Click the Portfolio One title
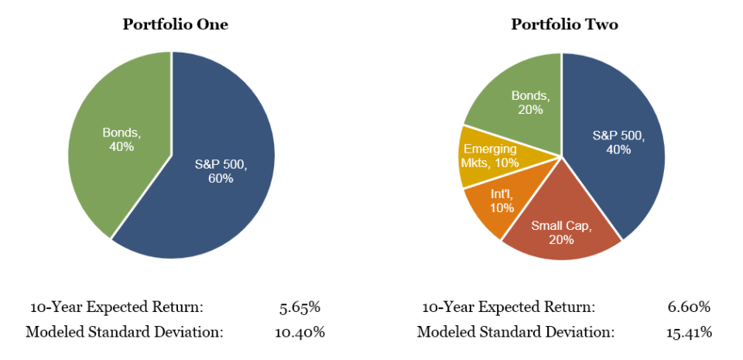pyautogui.click(x=175, y=24)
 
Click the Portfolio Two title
pyautogui.click(x=564, y=24)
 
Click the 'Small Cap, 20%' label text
pyautogui.click(x=562, y=232)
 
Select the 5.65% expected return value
pyautogui.click(x=300, y=307)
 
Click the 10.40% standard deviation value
pyautogui.click(x=300, y=332)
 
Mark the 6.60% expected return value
pyautogui.click(x=689, y=307)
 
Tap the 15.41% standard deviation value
pyautogui.click(x=689, y=332)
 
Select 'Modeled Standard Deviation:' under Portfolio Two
pyautogui.click(x=515, y=332)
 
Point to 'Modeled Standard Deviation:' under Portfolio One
pyautogui.click(x=125, y=332)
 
